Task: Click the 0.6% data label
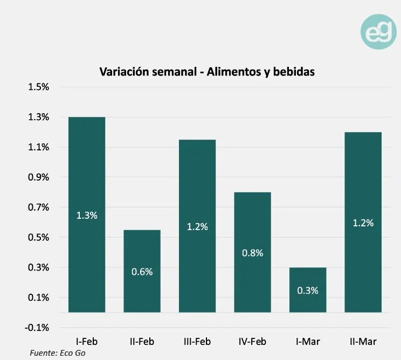point(142,272)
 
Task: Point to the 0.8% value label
point(252,253)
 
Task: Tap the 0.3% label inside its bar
point(308,290)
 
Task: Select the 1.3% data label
point(87,216)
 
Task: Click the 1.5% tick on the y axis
point(38,87)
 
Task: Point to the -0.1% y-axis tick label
point(37,328)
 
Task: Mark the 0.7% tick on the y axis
point(38,207)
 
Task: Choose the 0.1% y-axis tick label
point(38,297)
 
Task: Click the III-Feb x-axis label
point(197,341)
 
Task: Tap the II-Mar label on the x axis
point(363,341)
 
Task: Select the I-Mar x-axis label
point(308,341)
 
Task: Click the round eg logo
point(378,32)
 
